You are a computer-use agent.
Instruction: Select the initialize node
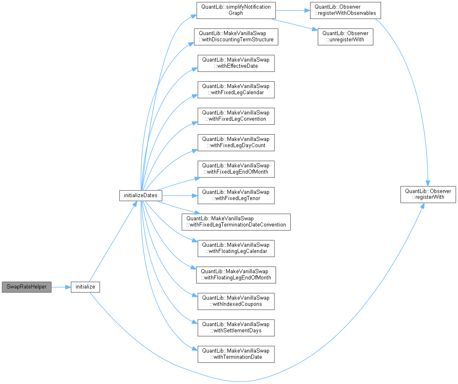tap(85, 287)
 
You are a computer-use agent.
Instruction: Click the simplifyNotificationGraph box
tap(236, 10)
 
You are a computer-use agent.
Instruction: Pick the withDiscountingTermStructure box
tap(236, 36)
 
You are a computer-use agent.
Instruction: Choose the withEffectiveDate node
tap(236, 63)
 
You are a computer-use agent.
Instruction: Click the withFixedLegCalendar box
tap(236, 89)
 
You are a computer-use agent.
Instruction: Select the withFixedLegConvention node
tap(236, 116)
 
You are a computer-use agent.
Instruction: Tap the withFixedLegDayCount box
tap(236, 142)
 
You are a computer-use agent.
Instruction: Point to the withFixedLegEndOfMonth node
tap(236, 169)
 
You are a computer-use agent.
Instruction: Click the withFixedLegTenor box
tap(236, 195)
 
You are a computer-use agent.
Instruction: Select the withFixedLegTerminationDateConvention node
tap(236, 222)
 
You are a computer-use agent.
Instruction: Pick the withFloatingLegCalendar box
tap(236, 248)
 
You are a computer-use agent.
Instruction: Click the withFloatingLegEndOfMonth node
tap(236, 274)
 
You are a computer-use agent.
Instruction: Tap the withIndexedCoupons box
tap(236, 301)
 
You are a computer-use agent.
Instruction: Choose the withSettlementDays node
tap(236, 327)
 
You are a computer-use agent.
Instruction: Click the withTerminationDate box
tap(236, 354)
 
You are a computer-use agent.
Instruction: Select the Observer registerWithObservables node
tap(345, 10)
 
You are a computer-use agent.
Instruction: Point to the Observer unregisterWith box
tap(345, 36)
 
